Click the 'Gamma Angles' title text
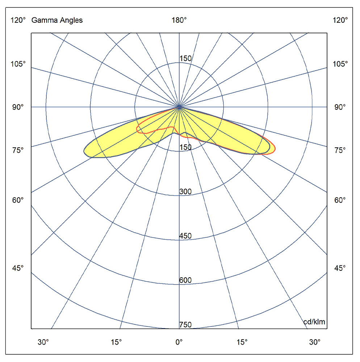tap(57, 20)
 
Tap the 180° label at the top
tap(179, 20)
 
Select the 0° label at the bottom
tap(179, 342)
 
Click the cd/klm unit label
tap(314, 322)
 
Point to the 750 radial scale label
tap(185, 325)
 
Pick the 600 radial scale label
tap(185, 280)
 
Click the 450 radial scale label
tap(185, 236)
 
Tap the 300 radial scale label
tap(185, 191)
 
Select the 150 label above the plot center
tap(185, 59)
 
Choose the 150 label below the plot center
tap(185, 147)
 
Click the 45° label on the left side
tap(18, 268)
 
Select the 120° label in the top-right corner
tap(340, 20)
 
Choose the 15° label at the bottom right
tap(242, 342)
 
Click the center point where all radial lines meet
tap(179, 107)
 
